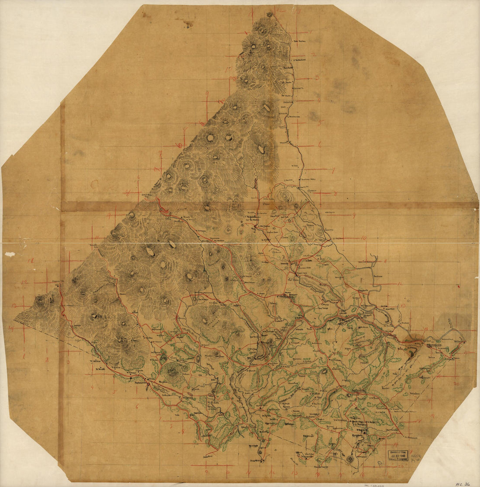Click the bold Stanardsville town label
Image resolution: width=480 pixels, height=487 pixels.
[x=286, y=296]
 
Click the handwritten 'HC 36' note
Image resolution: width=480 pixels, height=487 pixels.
[x=462, y=484]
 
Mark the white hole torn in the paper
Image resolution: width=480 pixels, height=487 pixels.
[x=10, y=254]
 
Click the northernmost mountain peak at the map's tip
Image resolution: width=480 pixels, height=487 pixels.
[x=270, y=14]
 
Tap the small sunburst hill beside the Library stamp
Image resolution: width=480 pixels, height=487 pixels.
[x=350, y=459]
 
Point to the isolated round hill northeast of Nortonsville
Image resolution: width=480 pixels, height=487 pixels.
[x=173, y=371]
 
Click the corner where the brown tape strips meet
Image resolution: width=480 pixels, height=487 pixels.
[x=62, y=206]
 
